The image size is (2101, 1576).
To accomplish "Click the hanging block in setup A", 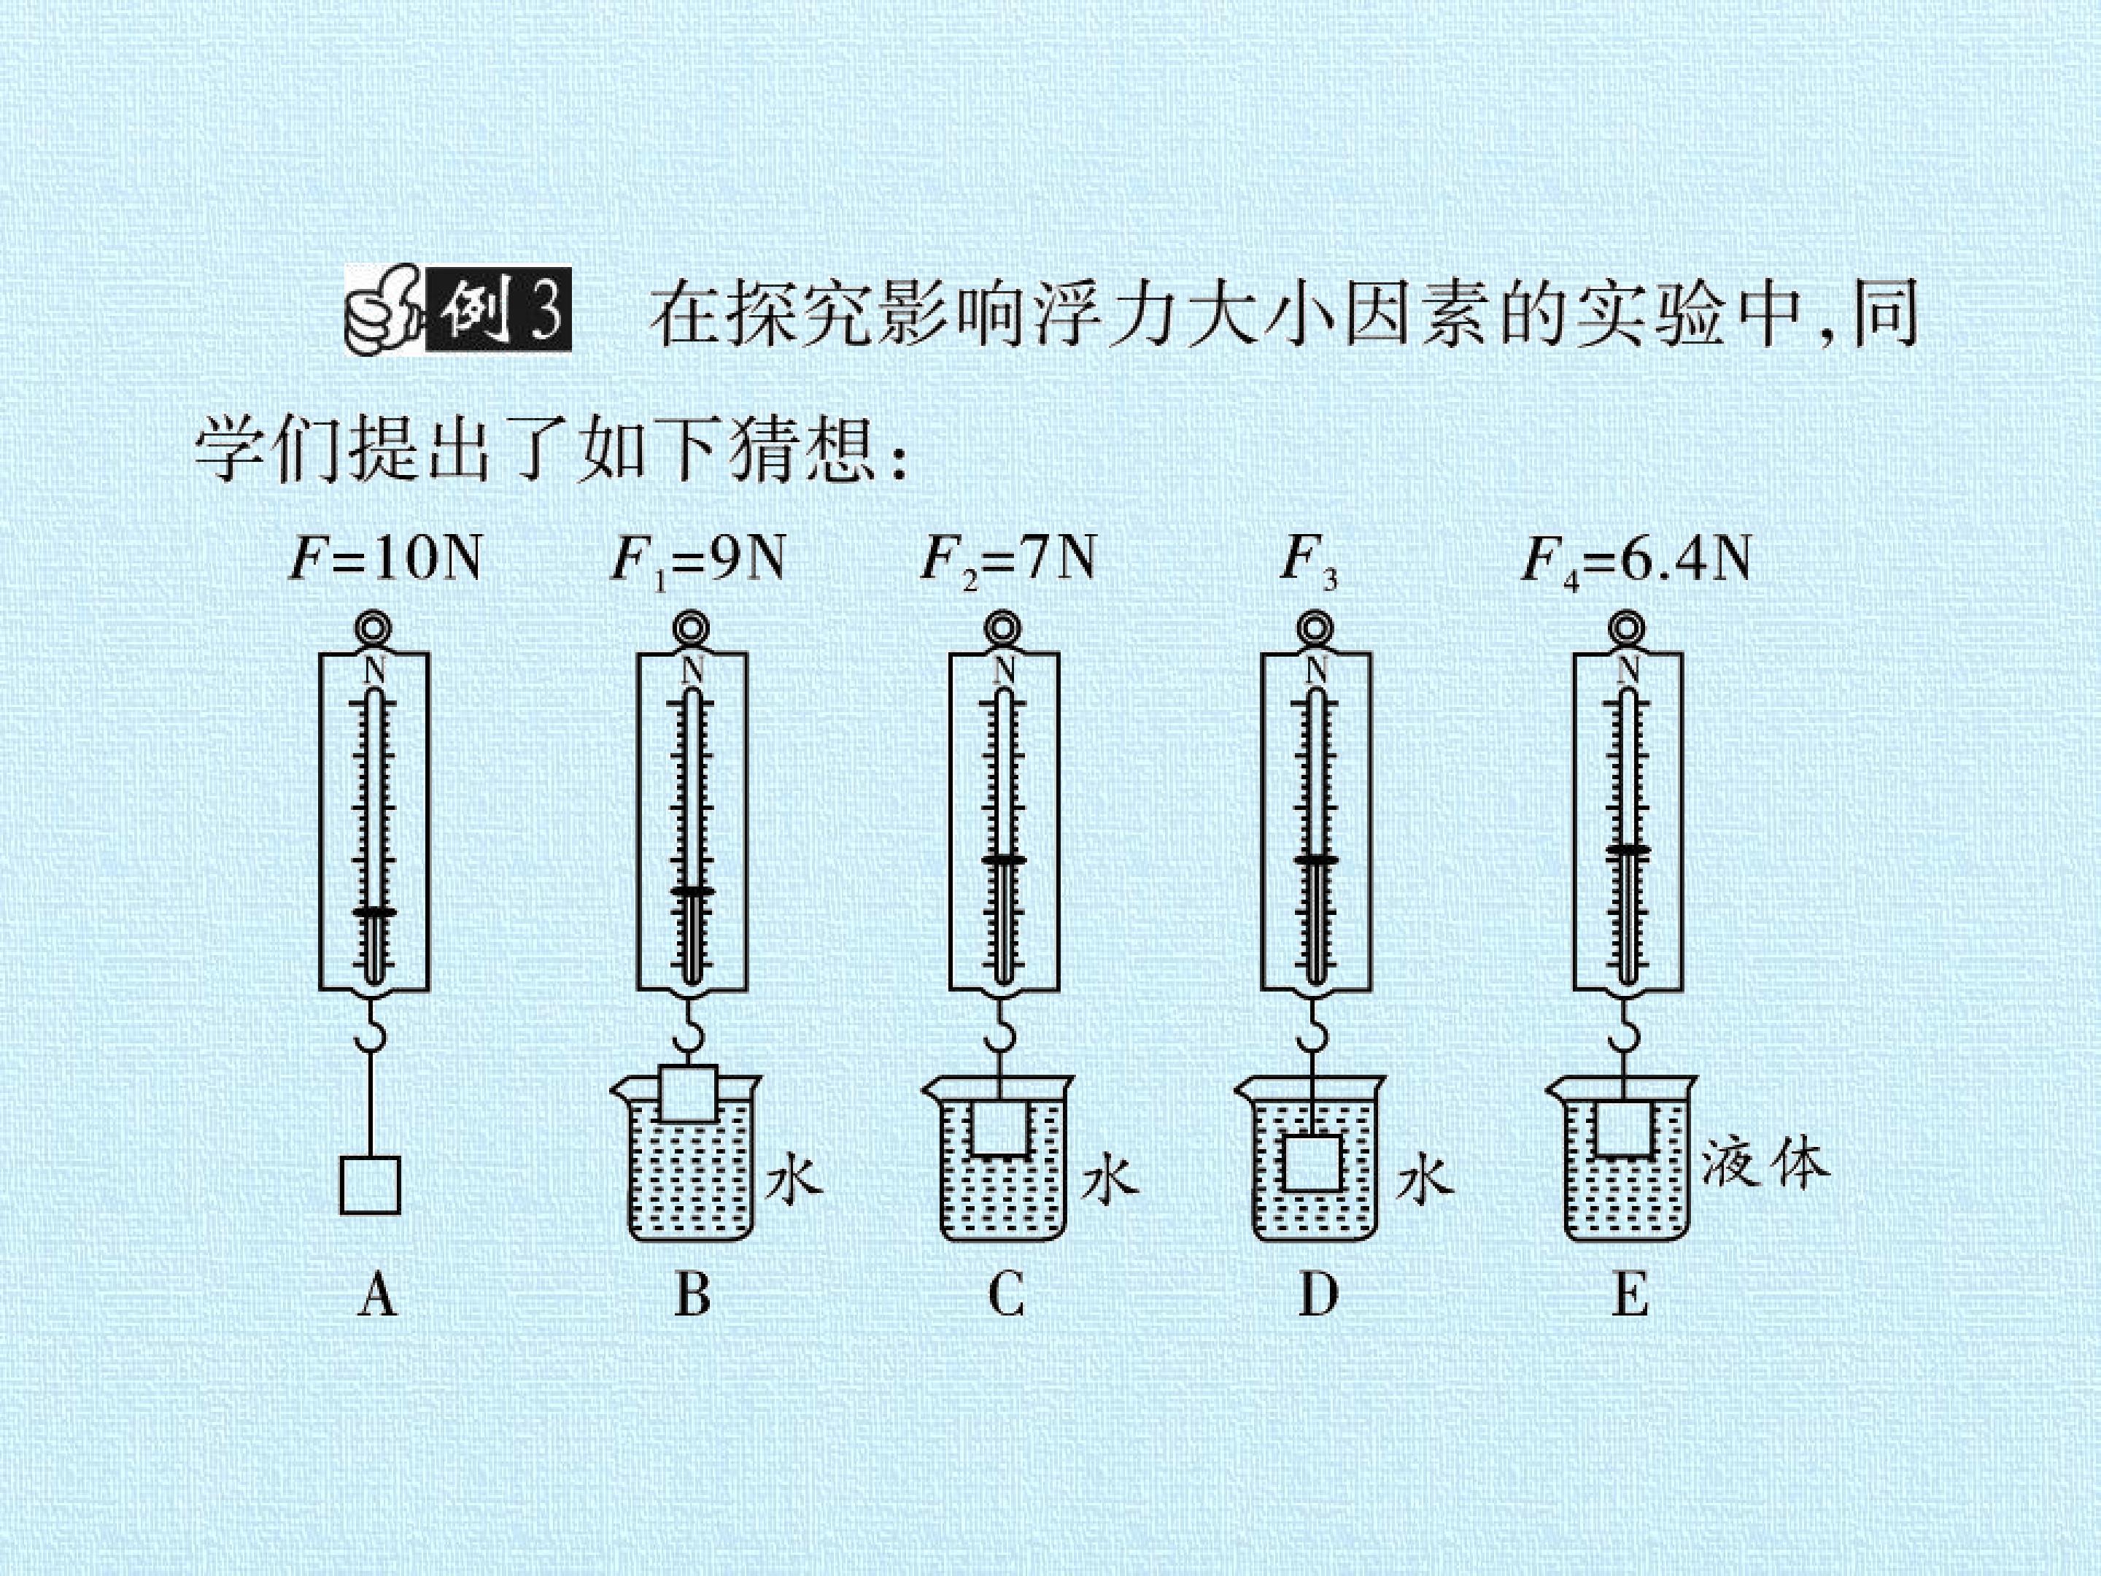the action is coord(369,1185).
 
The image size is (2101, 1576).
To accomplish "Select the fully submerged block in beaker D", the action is coord(1312,1164).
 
